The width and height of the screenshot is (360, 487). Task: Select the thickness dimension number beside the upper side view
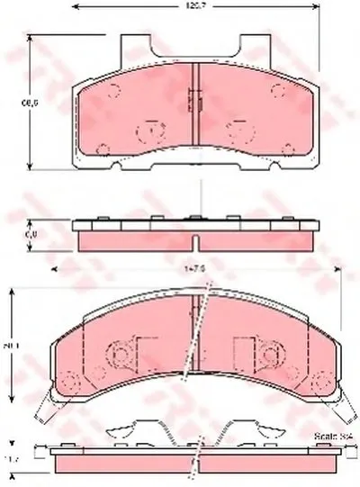click(30, 234)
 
